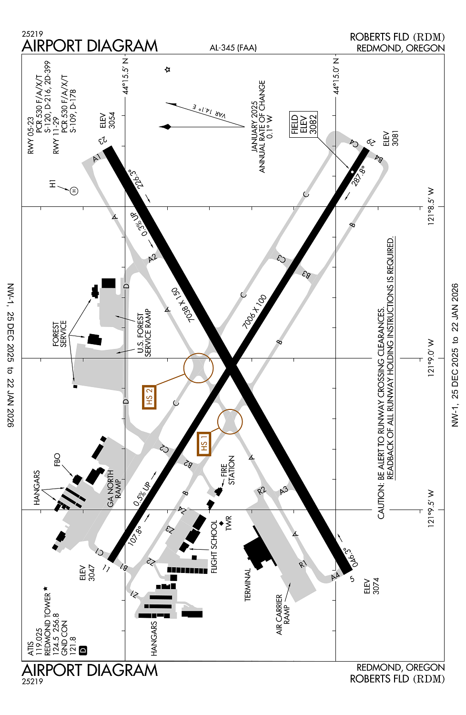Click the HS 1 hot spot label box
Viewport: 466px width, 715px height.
coord(204,444)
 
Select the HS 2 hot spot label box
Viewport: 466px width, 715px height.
coord(149,397)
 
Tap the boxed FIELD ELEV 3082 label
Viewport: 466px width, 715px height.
coord(304,124)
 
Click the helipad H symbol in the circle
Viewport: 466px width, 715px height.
coord(74,191)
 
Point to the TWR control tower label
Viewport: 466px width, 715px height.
coord(229,523)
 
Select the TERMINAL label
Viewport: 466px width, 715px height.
coord(247,584)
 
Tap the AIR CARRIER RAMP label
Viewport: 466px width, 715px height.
coord(283,614)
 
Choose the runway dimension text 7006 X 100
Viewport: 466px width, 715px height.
coord(254,312)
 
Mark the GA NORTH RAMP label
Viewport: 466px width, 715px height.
coord(114,489)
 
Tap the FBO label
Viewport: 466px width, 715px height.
coord(57,460)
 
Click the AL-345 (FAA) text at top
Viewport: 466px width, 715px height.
coord(233,48)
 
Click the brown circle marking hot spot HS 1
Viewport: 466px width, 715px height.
coord(230,421)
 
